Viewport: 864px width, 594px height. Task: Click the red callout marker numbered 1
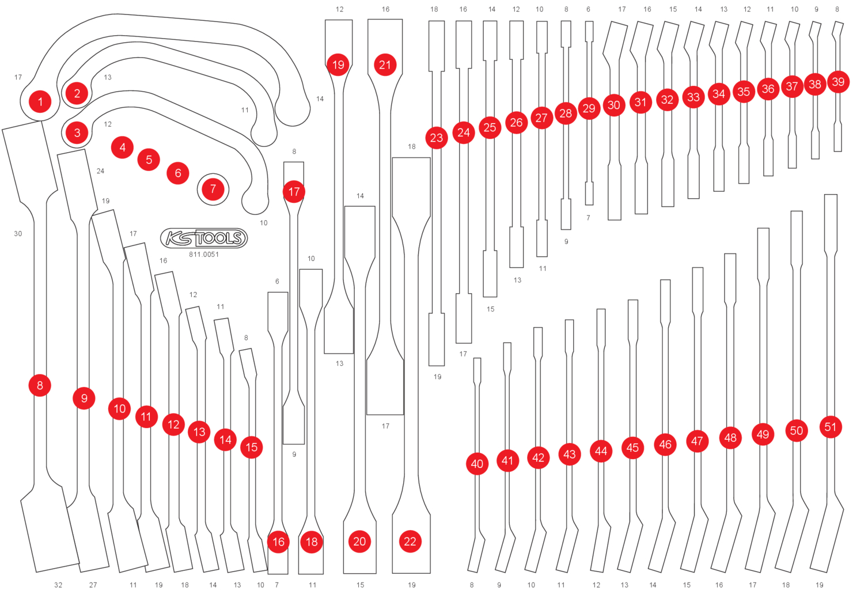point(40,102)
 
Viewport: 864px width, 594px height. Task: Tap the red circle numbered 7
point(213,189)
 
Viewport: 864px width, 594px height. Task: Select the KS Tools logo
point(204,238)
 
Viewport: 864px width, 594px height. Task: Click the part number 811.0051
point(204,255)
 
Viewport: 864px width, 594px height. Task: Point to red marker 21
point(385,65)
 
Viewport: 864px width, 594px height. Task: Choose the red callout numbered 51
point(830,427)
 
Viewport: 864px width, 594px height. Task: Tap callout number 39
point(838,82)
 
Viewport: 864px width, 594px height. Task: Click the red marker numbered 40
point(477,464)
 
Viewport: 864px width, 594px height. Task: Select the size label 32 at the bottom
point(58,585)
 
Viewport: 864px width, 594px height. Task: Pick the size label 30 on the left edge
point(18,234)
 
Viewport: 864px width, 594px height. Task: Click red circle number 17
point(294,192)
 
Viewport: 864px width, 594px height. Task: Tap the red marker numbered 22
point(410,542)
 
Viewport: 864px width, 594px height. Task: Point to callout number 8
point(40,385)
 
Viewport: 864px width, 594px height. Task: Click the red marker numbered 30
point(614,105)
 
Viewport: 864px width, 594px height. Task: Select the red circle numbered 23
point(437,138)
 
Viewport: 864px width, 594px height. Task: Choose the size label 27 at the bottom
point(93,585)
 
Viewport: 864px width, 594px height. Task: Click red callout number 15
point(252,447)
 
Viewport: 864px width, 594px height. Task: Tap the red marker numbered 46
point(665,444)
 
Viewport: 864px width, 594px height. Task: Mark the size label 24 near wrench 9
point(100,171)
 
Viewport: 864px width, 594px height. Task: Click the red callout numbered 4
point(122,147)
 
